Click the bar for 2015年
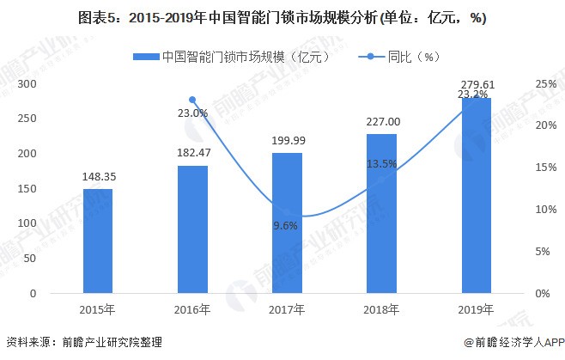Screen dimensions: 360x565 (x=98, y=241)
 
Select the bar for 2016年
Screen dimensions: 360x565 (x=192, y=229)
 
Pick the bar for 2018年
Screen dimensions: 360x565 (x=381, y=214)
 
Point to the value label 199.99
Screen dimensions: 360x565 (x=287, y=140)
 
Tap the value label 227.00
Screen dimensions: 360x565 (x=381, y=122)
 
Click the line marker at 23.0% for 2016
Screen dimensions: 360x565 (x=192, y=100)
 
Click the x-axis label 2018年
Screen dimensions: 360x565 (x=381, y=309)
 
